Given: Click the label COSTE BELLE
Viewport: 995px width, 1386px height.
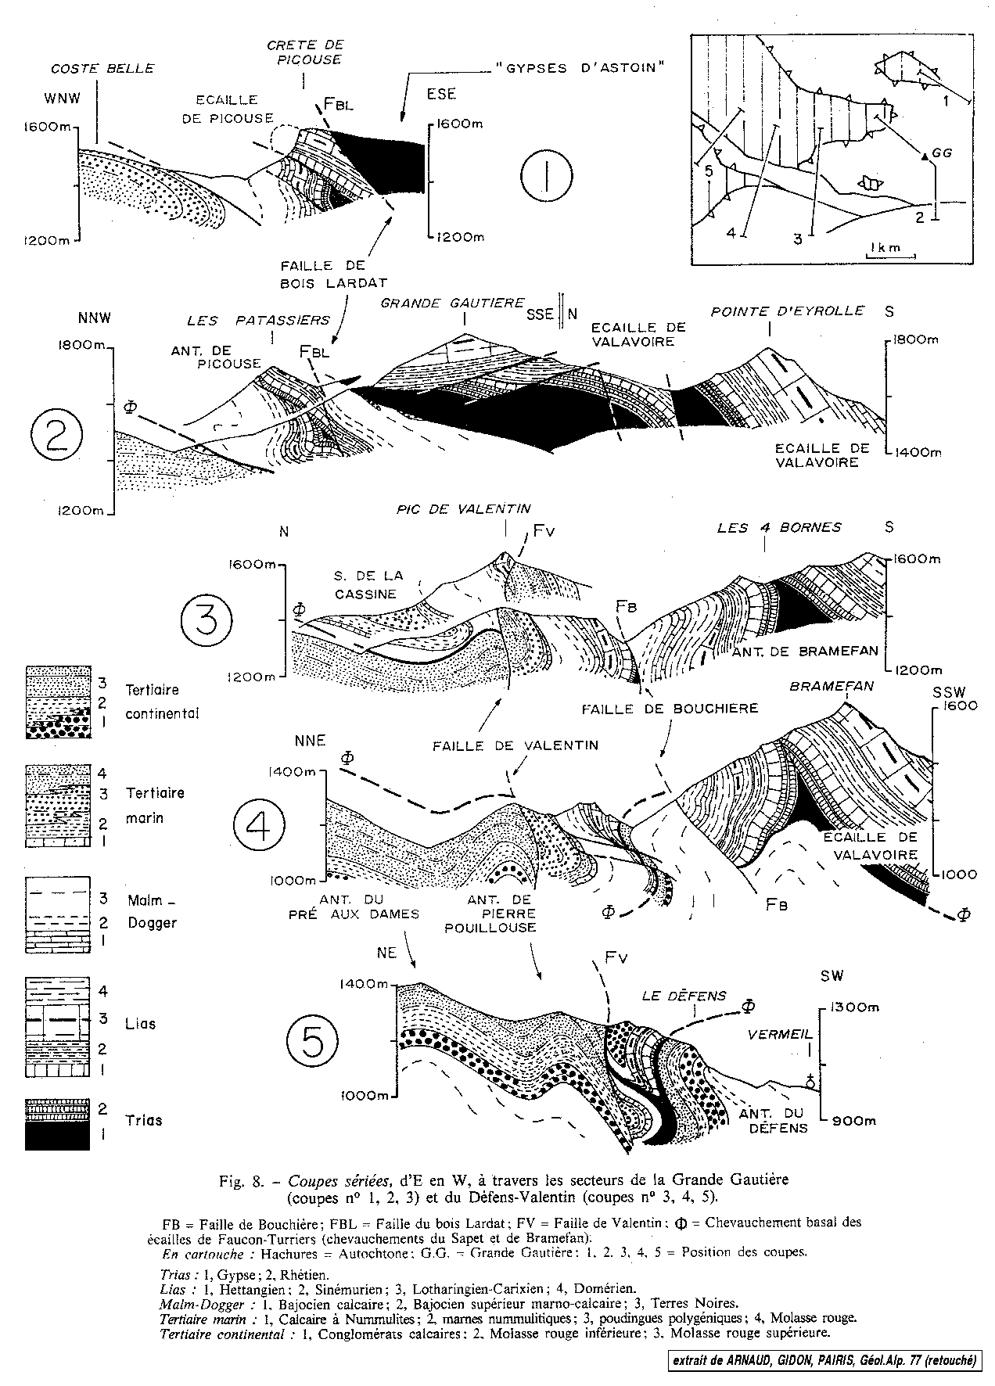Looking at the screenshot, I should pyautogui.click(x=102, y=68).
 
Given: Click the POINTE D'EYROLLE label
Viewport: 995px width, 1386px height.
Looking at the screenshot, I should pyautogui.click(x=787, y=311).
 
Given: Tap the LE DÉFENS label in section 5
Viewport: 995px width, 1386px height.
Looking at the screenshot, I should pyautogui.click(x=684, y=996).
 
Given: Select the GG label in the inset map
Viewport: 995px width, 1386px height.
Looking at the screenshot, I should pyautogui.click(x=942, y=153).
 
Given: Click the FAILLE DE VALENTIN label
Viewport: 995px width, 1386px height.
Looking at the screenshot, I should pyautogui.click(x=515, y=745).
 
